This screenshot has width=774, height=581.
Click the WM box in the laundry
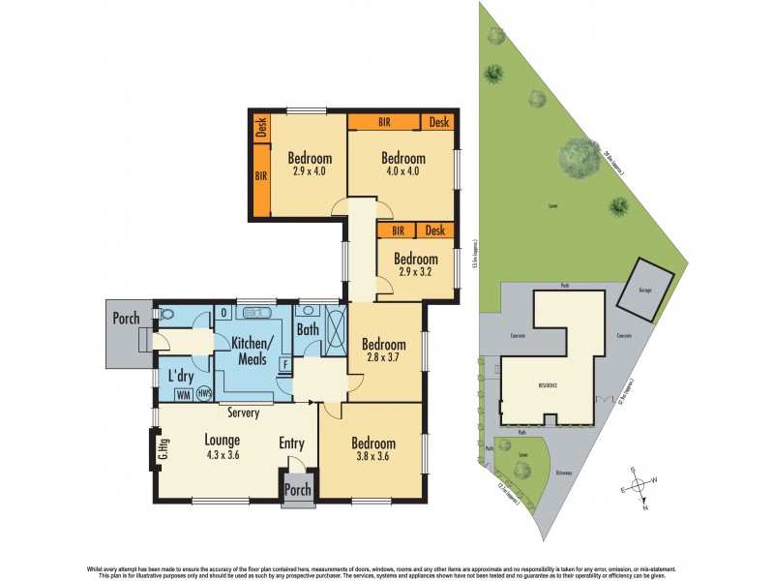(183, 394)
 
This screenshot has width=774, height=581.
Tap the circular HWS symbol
(204, 394)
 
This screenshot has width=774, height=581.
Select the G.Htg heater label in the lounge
(154, 448)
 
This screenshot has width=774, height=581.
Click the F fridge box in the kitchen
(284, 365)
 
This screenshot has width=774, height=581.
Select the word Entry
(292, 443)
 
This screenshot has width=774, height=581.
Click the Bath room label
(308, 330)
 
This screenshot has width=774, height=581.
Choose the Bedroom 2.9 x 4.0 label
(310, 166)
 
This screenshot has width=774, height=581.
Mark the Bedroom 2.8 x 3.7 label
(384, 351)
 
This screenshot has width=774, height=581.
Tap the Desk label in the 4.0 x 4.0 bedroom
(439, 123)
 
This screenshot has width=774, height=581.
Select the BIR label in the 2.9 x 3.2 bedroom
(397, 230)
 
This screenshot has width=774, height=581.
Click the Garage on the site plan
(644, 290)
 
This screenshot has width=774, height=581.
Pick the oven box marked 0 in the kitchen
(223, 313)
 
